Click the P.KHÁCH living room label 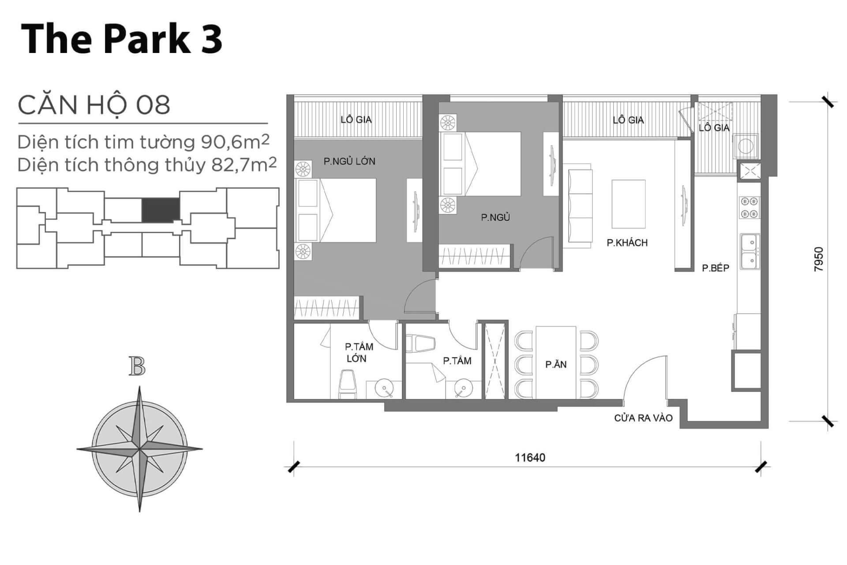tap(627, 242)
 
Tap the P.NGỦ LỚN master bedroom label tap(349, 161)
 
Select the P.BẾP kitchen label tap(716, 267)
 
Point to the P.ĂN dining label tap(556, 364)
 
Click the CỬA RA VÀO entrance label tap(643, 418)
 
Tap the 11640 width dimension tap(530, 457)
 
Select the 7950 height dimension tap(819, 259)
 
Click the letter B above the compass tap(137, 366)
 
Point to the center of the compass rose tap(140, 449)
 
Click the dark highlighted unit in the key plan tap(161, 210)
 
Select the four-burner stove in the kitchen tap(750, 207)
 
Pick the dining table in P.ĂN tap(556, 362)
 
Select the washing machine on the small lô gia tap(746, 147)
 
